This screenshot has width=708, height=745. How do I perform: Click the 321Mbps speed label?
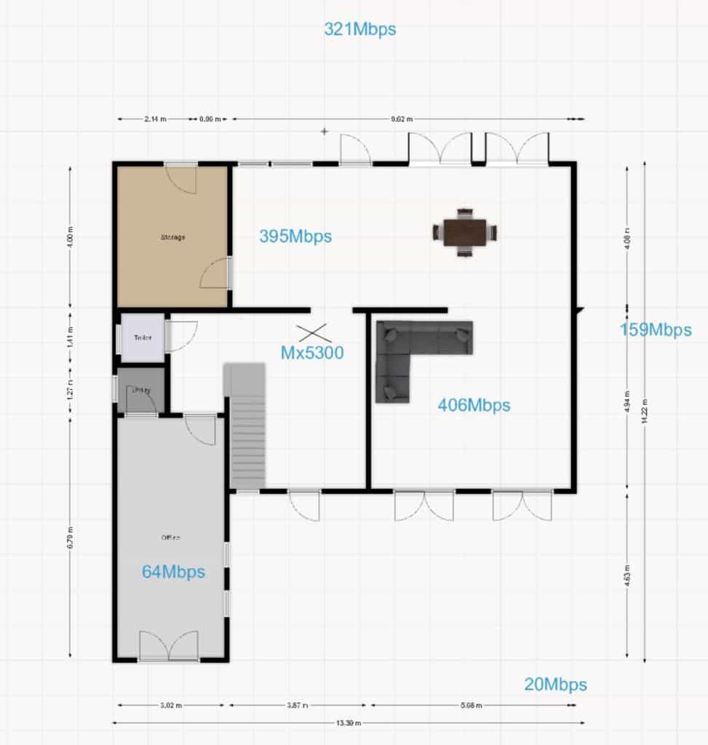click(359, 29)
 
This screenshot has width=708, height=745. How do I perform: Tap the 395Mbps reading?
click(295, 236)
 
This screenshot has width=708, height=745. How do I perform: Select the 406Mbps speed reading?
click(474, 405)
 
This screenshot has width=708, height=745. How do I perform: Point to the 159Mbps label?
click(656, 330)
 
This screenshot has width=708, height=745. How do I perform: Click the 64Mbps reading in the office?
click(173, 572)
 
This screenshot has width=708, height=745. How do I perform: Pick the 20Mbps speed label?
click(555, 685)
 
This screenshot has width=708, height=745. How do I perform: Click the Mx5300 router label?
click(312, 353)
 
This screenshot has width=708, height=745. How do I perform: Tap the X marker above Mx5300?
click(314, 332)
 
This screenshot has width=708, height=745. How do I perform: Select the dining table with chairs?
click(465, 233)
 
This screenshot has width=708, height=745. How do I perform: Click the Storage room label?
click(173, 237)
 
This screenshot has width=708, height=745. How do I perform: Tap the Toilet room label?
click(142, 338)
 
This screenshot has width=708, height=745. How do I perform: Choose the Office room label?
click(170, 538)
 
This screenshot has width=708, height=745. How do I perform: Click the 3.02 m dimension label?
click(170, 705)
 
